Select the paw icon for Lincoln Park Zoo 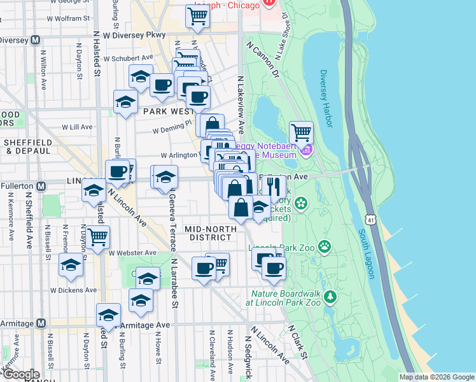pyautogui.click(x=325, y=246)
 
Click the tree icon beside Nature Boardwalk pyautogui.click(x=330, y=297)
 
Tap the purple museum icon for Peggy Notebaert pyautogui.click(x=307, y=151)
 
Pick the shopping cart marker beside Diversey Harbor pyautogui.click(x=301, y=133)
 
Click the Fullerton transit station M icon pyautogui.click(x=41, y=186)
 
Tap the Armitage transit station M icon pyautogui.click(x=41, y=323)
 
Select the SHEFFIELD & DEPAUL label pyautogui.click(x=27, y=146)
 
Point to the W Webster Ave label pyautogui.click(x=133, y=253)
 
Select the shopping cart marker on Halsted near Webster pyautogui.click(x=98, y=237)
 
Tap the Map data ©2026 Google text pyautogui.click(x=437, y=377)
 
